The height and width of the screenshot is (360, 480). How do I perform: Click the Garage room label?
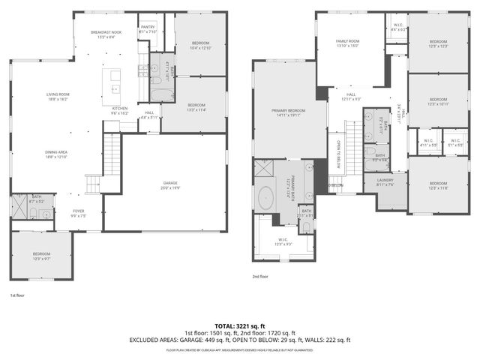164,184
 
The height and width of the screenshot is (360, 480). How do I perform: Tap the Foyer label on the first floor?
79,213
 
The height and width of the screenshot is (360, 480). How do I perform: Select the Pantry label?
147,28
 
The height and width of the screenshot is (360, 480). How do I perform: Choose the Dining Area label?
57,155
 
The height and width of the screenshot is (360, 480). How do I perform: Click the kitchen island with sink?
115,82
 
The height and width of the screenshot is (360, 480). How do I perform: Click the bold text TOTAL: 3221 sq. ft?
239,325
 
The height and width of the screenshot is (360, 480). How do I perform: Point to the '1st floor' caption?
17,295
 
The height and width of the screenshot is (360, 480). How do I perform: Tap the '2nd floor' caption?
260,276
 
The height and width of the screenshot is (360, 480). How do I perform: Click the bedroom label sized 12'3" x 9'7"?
40,256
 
